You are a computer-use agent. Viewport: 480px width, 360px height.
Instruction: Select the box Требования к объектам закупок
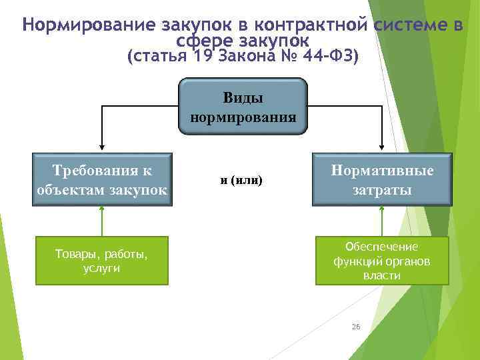pyautogui.click(x=102, y=179)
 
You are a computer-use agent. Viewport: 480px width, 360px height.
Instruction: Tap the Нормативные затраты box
pyautogui.click(x=383, y=179)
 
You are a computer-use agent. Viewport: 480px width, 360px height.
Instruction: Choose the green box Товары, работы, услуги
pyautogui.click(x=102, y=261)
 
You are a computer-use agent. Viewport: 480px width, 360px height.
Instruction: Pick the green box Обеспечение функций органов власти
pyautogui.click(x=383, y=261)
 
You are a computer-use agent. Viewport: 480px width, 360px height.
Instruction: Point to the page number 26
pyautogui.click(x=355, y=327)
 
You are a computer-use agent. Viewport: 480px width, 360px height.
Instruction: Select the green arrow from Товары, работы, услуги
pyautogui.click(x=102, y=220)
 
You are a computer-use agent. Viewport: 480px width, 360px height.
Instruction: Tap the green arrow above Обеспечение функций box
pyautogui.click(x=382, y=220)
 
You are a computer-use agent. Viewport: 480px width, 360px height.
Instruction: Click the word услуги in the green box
pyautogui.click(x=102, y=267)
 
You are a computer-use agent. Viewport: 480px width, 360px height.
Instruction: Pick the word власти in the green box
pyautogui.click(x=382, y=275)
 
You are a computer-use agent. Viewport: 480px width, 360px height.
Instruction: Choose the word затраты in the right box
pyautogui.click(x=383, y=189)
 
